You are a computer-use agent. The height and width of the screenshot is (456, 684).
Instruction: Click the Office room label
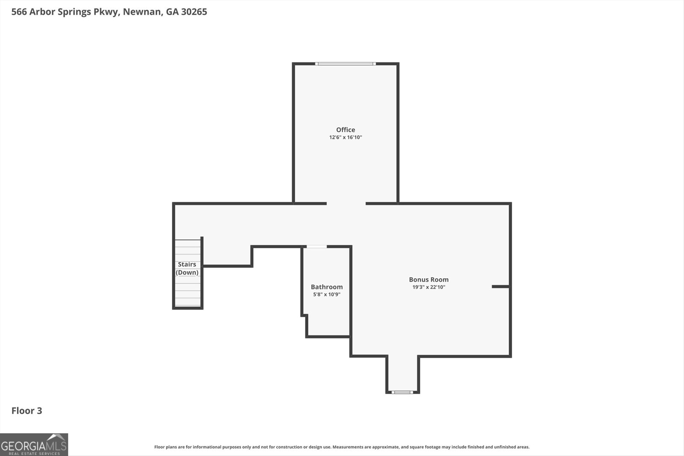pyautogui.click(x=345, y=129)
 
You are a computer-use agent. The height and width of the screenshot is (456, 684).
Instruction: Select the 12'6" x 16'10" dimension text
pyautogui.click(x=345, y=138)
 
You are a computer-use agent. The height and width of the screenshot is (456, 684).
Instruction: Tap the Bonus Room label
pyautogui.click(x=428, y=279)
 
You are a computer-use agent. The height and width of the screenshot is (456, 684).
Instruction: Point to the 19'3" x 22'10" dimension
pyautogui.click(x=428, y=287)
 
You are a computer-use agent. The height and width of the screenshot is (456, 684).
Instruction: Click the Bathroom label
pyautogui.click(x=327, y=287)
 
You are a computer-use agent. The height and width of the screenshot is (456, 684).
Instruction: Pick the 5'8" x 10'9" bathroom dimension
pyautogui.click(x=327, y=294)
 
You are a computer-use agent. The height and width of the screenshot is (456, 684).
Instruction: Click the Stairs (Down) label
pyautogui.click(x=187, y=268)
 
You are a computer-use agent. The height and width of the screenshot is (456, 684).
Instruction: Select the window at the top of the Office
pyautogui.click(x=345, y=64)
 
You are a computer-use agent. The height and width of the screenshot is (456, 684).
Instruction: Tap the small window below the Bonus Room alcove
pyautogui.click(x=402, y=392)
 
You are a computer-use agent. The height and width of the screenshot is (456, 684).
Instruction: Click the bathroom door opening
pyautogui.click(x=317, y=247)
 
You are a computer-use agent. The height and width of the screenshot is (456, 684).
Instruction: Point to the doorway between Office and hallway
pyautogui.click(x=346, y=203)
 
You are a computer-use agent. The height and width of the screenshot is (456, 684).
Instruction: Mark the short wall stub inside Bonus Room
pyautogui.click(x=500, y=286)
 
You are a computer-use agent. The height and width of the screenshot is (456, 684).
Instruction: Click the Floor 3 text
pyautogui.click(x=27, y=411)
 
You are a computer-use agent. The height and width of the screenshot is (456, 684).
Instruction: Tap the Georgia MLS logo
pyautogui.click(x=34, y=444)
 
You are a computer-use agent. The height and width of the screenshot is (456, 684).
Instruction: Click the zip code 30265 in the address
pyautogui.click(x=194, y=12)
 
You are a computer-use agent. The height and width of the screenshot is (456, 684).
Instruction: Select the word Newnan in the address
pyautogui.click(x=141, y=12)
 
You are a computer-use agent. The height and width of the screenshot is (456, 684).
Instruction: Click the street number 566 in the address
pyautogui.click(x=19, y=12)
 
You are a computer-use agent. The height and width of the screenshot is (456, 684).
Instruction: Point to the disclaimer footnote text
pyautogui.click(x=342, y=447)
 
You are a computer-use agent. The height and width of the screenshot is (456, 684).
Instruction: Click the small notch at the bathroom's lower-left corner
pyautogui.click(x=304, y=316)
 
